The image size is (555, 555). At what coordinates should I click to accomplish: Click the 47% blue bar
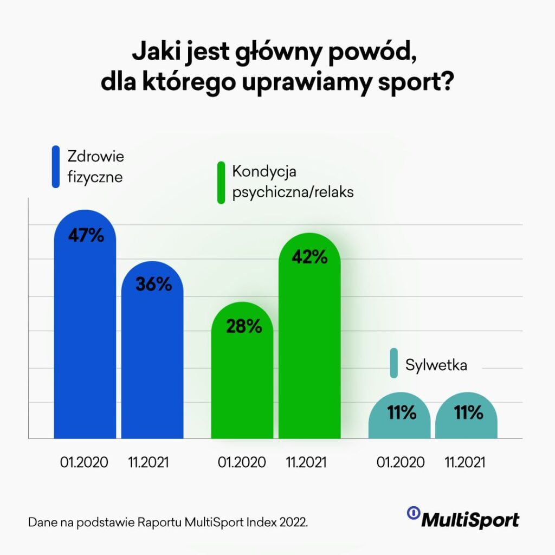(x=85, y=336)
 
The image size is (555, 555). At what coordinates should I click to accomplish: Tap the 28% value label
(x=242, y=326)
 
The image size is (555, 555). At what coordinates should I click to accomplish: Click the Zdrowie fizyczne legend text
(x=95, y=167)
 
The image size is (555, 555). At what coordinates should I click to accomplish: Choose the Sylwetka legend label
(x=436, y=365)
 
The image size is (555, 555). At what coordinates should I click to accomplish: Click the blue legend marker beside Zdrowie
(x=55, y=167)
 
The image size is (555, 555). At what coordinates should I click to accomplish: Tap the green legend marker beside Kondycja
(x=221, y=183)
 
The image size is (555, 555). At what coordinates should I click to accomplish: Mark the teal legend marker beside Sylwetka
(x=395, y=364)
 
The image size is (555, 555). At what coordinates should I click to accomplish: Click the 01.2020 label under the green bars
(x=242, y=462)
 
